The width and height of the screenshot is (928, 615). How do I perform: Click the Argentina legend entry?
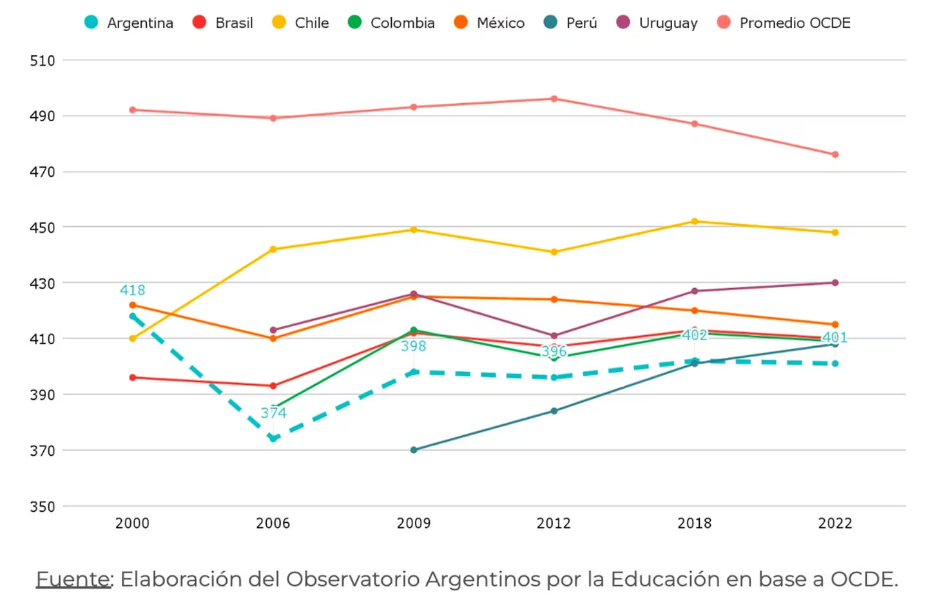[129, 23]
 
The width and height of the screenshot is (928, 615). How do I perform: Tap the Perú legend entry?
[570, 23]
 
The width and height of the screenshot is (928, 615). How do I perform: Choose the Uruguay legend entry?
[657, 23]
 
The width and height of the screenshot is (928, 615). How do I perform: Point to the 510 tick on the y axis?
[43, 61]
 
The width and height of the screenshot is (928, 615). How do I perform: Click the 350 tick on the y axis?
[43, 507]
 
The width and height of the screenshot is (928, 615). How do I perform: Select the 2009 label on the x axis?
[414, 523]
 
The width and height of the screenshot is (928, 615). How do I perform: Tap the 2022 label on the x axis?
[835, 523]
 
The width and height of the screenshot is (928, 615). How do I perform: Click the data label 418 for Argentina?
[133, 290]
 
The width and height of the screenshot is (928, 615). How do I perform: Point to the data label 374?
[273, 413]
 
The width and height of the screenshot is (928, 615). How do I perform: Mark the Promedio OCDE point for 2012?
[554, 99]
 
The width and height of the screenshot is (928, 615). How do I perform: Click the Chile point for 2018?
[695, 221]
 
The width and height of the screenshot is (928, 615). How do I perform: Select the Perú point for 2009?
[414, 450]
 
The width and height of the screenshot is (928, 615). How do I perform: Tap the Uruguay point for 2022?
[835, 282]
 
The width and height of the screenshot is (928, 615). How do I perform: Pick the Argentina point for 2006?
[273, 439]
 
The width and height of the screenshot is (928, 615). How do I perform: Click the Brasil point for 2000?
[133, 377]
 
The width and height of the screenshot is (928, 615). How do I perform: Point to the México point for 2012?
[554, 299]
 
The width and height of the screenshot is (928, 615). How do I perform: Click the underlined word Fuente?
[73, 579]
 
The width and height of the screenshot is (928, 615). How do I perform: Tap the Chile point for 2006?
[273, 249]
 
